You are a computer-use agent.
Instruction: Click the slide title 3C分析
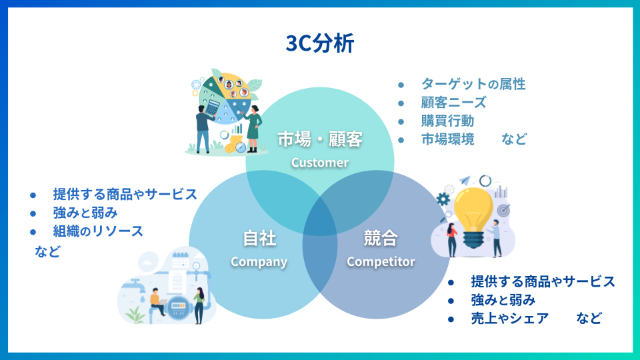(319, 43)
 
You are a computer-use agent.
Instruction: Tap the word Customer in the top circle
(320, 162)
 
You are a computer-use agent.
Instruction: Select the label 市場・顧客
(320, 139)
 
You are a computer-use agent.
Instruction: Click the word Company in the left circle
(259, 261)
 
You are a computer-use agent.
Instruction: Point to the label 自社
(259, 238)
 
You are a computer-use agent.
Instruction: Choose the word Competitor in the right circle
(381, 261)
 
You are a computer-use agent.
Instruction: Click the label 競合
(381, 238)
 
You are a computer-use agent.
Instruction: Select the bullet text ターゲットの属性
(473, 84)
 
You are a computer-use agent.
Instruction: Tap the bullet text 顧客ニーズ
(453, 103)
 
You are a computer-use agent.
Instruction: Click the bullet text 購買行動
(447, 121)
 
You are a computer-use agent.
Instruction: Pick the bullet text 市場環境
(447, 139)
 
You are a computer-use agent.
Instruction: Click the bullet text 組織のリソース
(98, 231)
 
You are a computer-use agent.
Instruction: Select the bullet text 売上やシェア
(509, 318)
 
